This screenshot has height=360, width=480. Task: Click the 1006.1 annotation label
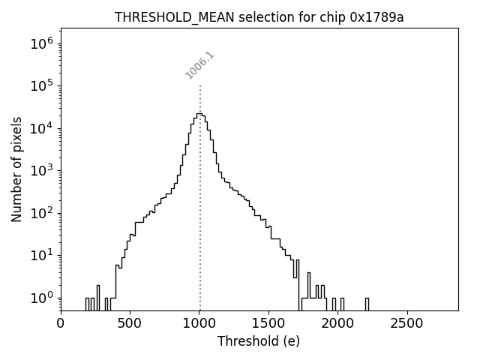pyautogui.click(x=199, y=64)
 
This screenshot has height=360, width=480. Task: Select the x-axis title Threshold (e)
pyautogui.click(x=259, y=341)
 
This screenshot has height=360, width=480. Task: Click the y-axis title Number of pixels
pyautogui.click(x=16, y=169)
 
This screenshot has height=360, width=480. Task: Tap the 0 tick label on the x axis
pyautogui.click(x=61, y=323)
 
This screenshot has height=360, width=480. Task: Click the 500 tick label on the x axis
pyautogui.click(x=130, y=323)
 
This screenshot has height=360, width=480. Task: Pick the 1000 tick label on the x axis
pyautogui.click(x=199, y=323)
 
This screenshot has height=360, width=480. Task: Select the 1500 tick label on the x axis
pyautogui.click(x=268, y=323)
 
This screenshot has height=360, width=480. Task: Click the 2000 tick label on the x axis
pyautogui.click(x=338, y=323)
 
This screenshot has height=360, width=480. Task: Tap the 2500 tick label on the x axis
pyautogui.click(x=407, y=323)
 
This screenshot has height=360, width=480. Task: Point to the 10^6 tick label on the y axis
pyautogui.click(x=41, y=43)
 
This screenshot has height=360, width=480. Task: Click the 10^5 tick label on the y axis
pyautogui.click(x=41, y=85)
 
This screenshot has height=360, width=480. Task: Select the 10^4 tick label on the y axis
pyautogui.click(x=41, y=127)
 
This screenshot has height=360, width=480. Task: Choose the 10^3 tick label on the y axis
pyautogui.click(x=41, y=170)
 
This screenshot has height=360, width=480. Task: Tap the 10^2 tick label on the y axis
pyautogui.click(x=41, y=213)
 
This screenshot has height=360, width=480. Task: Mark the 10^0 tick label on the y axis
pyautogui.click(x=41, y=298)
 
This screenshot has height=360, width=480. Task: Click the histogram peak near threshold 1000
pyautogui.click(x=199, y=114)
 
